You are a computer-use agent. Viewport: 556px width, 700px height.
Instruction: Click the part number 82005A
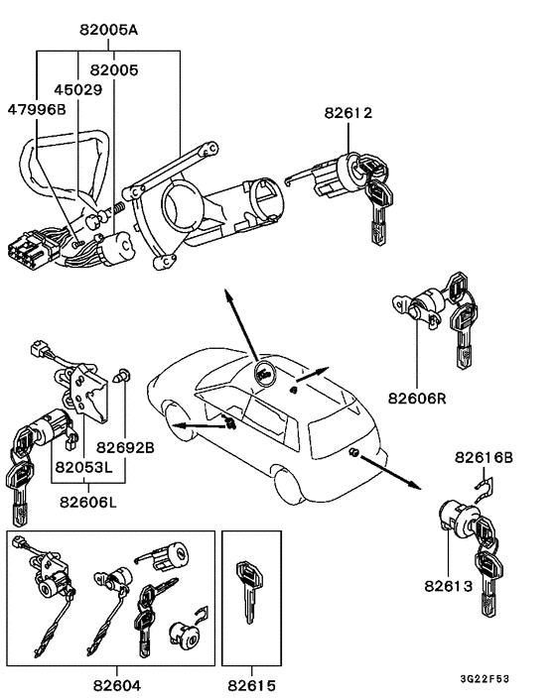click(x=109, y=31)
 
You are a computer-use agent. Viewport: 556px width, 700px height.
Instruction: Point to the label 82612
click(x=347, y=114)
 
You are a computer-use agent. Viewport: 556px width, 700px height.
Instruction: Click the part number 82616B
click(x=484, y=457)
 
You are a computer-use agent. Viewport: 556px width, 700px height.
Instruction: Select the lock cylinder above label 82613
click(x=456, y=520)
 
